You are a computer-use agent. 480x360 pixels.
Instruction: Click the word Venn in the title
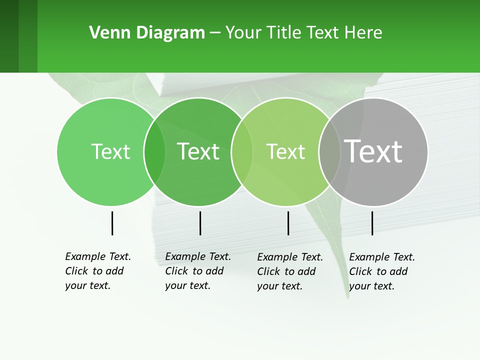pyautogui.click(x=104, y=32)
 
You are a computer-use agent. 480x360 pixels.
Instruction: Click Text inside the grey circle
pyautogui.click(x=373, y=151)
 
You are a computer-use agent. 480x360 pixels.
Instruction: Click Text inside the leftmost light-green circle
pyautogui.click(x=110, y=151)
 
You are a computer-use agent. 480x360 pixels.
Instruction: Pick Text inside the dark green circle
pyautogui.click(x=198, y=151)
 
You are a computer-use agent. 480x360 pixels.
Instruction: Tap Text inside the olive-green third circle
pyautogui.click(x=285, y=151)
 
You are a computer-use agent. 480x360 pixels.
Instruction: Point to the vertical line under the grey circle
pyautogui.click(x=372, y=223)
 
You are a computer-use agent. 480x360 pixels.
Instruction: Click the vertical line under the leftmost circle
pyautogui.click(x=112, y=223)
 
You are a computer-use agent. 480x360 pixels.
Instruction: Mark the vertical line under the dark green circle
pyautogui.click(x=200, y=223)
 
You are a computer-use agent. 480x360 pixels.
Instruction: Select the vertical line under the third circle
pyautogui.click(x=288, y=223)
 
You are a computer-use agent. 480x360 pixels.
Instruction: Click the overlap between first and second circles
pyautogui.click(x=154, y=151)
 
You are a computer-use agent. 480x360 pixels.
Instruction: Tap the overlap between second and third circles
pyautogui.click(x=242, y=151)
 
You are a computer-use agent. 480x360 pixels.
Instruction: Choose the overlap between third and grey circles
pyautogui.click(x=329, y=151)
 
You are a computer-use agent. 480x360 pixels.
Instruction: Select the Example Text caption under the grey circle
pyautogui.click(x=382, y=271)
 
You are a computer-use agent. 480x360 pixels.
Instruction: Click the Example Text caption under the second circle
pyautogui.click(x=198, y=271)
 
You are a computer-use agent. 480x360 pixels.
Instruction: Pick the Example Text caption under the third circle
pyautogui.click(x=290, y=271)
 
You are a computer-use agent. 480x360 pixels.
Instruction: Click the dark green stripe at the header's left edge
pyautogui.click(x=9, y=36)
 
